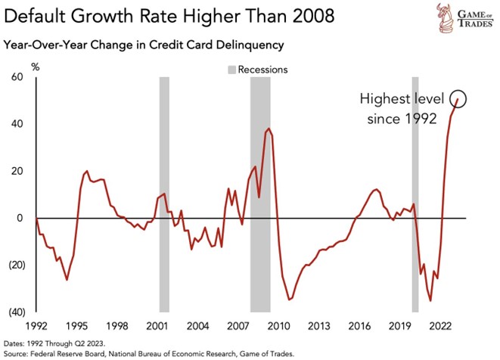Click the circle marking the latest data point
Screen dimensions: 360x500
(459, 98)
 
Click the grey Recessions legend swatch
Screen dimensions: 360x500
(231, 70)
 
